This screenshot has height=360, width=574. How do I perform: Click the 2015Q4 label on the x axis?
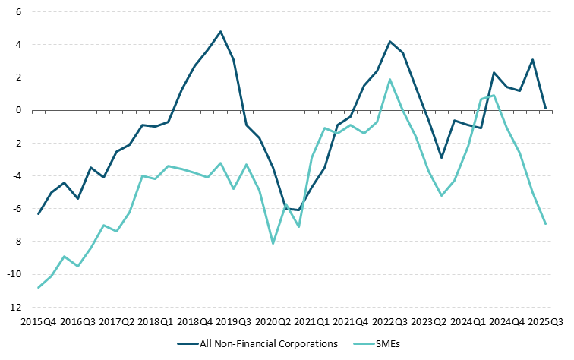pos(38,322)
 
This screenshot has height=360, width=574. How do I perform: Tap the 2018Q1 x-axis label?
pos(155,322)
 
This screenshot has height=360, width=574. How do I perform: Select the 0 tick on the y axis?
pos(18,111)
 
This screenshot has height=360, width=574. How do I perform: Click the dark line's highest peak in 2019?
pos(220,32)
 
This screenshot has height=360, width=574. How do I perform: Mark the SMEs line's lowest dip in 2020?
pos(273,243)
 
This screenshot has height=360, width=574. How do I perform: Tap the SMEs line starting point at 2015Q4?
pos(38,287)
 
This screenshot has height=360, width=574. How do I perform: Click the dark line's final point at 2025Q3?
pos(545,109)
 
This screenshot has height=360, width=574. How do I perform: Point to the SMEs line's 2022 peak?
pos(389,80)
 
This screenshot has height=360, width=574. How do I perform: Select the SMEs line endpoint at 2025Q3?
pos(545,223)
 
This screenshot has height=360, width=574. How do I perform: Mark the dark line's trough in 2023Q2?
pos(441,158)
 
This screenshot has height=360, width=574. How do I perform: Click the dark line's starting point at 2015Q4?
pos(38,213)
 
